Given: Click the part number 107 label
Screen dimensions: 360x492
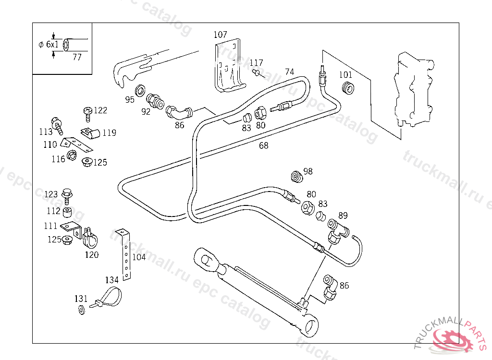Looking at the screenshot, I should pyautogui.click(x=220, y=35).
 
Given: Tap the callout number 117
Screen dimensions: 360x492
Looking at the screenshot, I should pyautogui.click(x=256, y=63).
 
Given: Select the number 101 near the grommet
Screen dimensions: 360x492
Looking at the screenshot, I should pyautogui.click(x=345, y=74).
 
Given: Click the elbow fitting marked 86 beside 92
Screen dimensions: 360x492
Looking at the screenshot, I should pyautogui.click(x=178, y=113).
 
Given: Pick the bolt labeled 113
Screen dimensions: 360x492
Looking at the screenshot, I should pyautogui.click(x=57, y=124).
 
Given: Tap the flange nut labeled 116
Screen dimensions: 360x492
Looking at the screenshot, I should pyautogui.click(x=73, y=155).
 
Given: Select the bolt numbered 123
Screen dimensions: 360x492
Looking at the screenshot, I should pyautogui.click(x=67, y=194).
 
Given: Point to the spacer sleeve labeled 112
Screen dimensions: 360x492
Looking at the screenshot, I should pyautogui.click(x=68, y=211).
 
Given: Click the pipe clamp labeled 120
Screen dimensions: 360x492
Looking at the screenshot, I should pyautogui.click(x=90, y=236).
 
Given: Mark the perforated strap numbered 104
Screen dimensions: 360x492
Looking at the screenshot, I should pyautogui.click(x=125, y=254).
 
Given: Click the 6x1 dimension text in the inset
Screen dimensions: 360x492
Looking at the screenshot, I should pyautogui.click(x=52, y=44).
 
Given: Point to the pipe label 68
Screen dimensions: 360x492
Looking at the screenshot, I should pyautogui.click(x=263, y=145).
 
